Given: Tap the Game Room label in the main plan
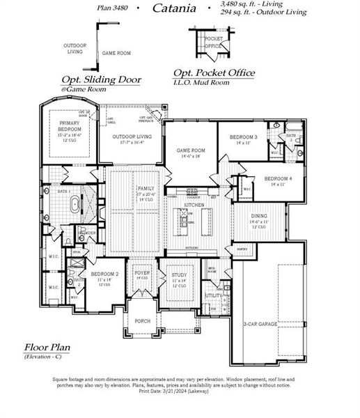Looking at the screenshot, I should (x=190, y=150).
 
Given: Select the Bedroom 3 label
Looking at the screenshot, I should (x=245, y=137).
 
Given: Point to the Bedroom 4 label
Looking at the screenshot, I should (x=279, y=179).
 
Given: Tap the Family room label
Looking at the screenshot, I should (x=146, y=189).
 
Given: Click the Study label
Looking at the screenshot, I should (x=179, y=275).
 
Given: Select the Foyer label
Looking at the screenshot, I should (x=142, y=273).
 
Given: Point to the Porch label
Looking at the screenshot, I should (x=142, y=321).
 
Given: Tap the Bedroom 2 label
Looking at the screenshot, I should (x=104, y=274).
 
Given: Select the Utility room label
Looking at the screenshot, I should (x=212, y=295).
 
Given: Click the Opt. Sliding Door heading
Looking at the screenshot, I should (x=101, y=79).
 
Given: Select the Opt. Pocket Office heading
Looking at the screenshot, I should (x=213, y=73).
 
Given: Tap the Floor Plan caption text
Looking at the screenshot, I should (x=47, y=346).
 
